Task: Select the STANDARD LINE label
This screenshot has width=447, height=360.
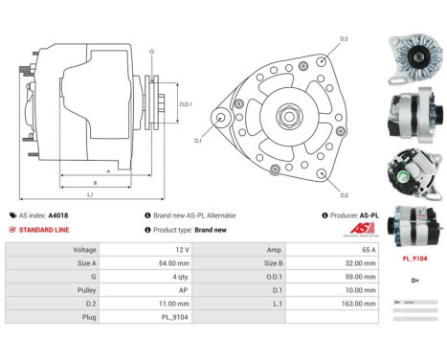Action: pyautogui.click(x=40, y=230)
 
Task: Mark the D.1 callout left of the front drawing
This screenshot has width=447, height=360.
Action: pyautogui.click(x=198, y=141)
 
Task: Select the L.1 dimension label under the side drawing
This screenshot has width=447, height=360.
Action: pyautogui.click(x=89, y=194)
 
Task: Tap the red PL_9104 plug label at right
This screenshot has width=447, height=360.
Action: pyautogui.click(x=413, y=259)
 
